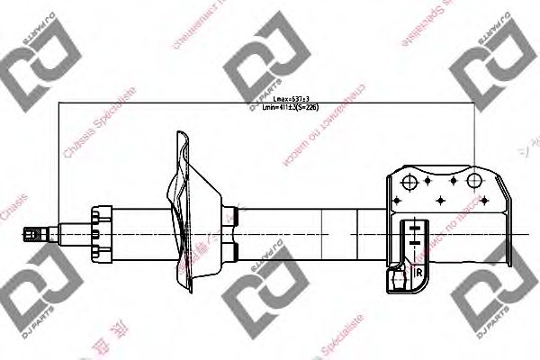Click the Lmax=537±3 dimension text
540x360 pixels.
click(273, 98)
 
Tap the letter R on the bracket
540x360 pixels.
click(419, 270)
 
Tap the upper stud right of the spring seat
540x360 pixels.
click(233, 216)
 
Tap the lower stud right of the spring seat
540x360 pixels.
click(233, 252)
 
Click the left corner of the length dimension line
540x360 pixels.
click(58, 103)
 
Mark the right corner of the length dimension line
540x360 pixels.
click(474, 103)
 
